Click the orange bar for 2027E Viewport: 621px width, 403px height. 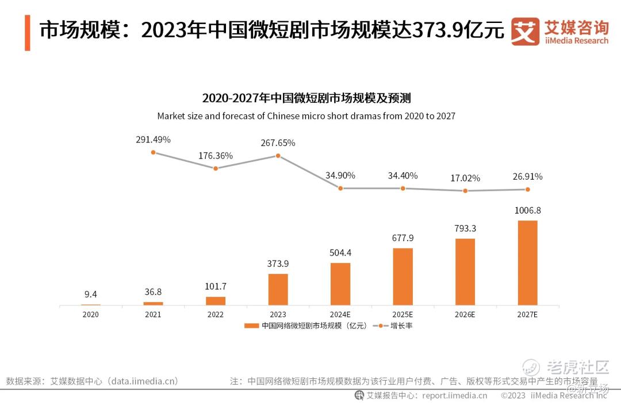coord(527,262)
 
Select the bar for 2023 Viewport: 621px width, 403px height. coord(278,289)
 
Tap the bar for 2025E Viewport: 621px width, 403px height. coord(402,276)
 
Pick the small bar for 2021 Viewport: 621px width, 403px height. coord(153,303)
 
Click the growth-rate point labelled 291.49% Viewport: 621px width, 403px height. coord(153,152)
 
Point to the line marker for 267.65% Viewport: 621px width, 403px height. coord(278,156)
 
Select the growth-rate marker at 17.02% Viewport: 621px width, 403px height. coord(465,191)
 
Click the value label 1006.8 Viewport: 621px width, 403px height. coord(527,210)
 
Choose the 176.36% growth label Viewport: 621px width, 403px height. coord(216,156)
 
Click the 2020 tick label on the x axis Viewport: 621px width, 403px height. coord(90,315)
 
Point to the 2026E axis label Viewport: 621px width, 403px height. coord(465,315)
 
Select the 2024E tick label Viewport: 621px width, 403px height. coord(340,315)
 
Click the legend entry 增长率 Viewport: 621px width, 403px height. coord(401,326)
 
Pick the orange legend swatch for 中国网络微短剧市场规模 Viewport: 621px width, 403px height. coord(251,326)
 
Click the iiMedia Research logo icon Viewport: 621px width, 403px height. coord(525,32)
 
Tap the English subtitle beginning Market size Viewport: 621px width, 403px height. coord(306,116)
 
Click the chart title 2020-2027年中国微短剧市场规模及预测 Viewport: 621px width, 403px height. coord(306,98)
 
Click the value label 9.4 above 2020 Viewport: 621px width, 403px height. coord(90,294)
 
